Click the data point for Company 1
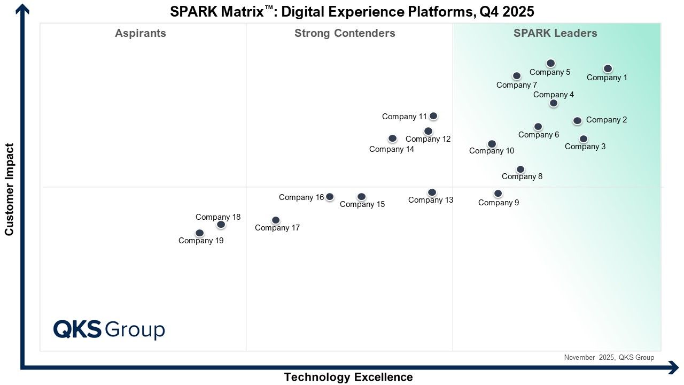point(608,68)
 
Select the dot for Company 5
point(550,63)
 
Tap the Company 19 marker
point(200,233)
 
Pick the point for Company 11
point(433,116)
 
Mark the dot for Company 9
point(498,194)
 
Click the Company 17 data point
point(276,220)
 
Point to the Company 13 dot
point(432,192)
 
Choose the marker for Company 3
point(584,139)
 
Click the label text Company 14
point(392,149)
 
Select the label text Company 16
point(301,197)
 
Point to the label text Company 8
point(522,176)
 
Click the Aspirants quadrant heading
point(141,33)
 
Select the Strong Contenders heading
point(345,33)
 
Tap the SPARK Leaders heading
point(555,33)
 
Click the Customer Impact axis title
point(9,189)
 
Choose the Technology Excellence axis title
point(348,378)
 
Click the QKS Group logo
point(109,330)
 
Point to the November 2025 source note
point(609,358)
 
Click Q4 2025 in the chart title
point(507,12)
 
